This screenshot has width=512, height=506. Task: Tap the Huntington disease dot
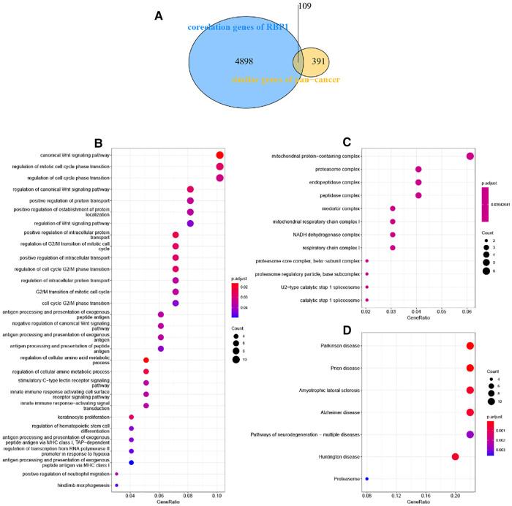(455, 457)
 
